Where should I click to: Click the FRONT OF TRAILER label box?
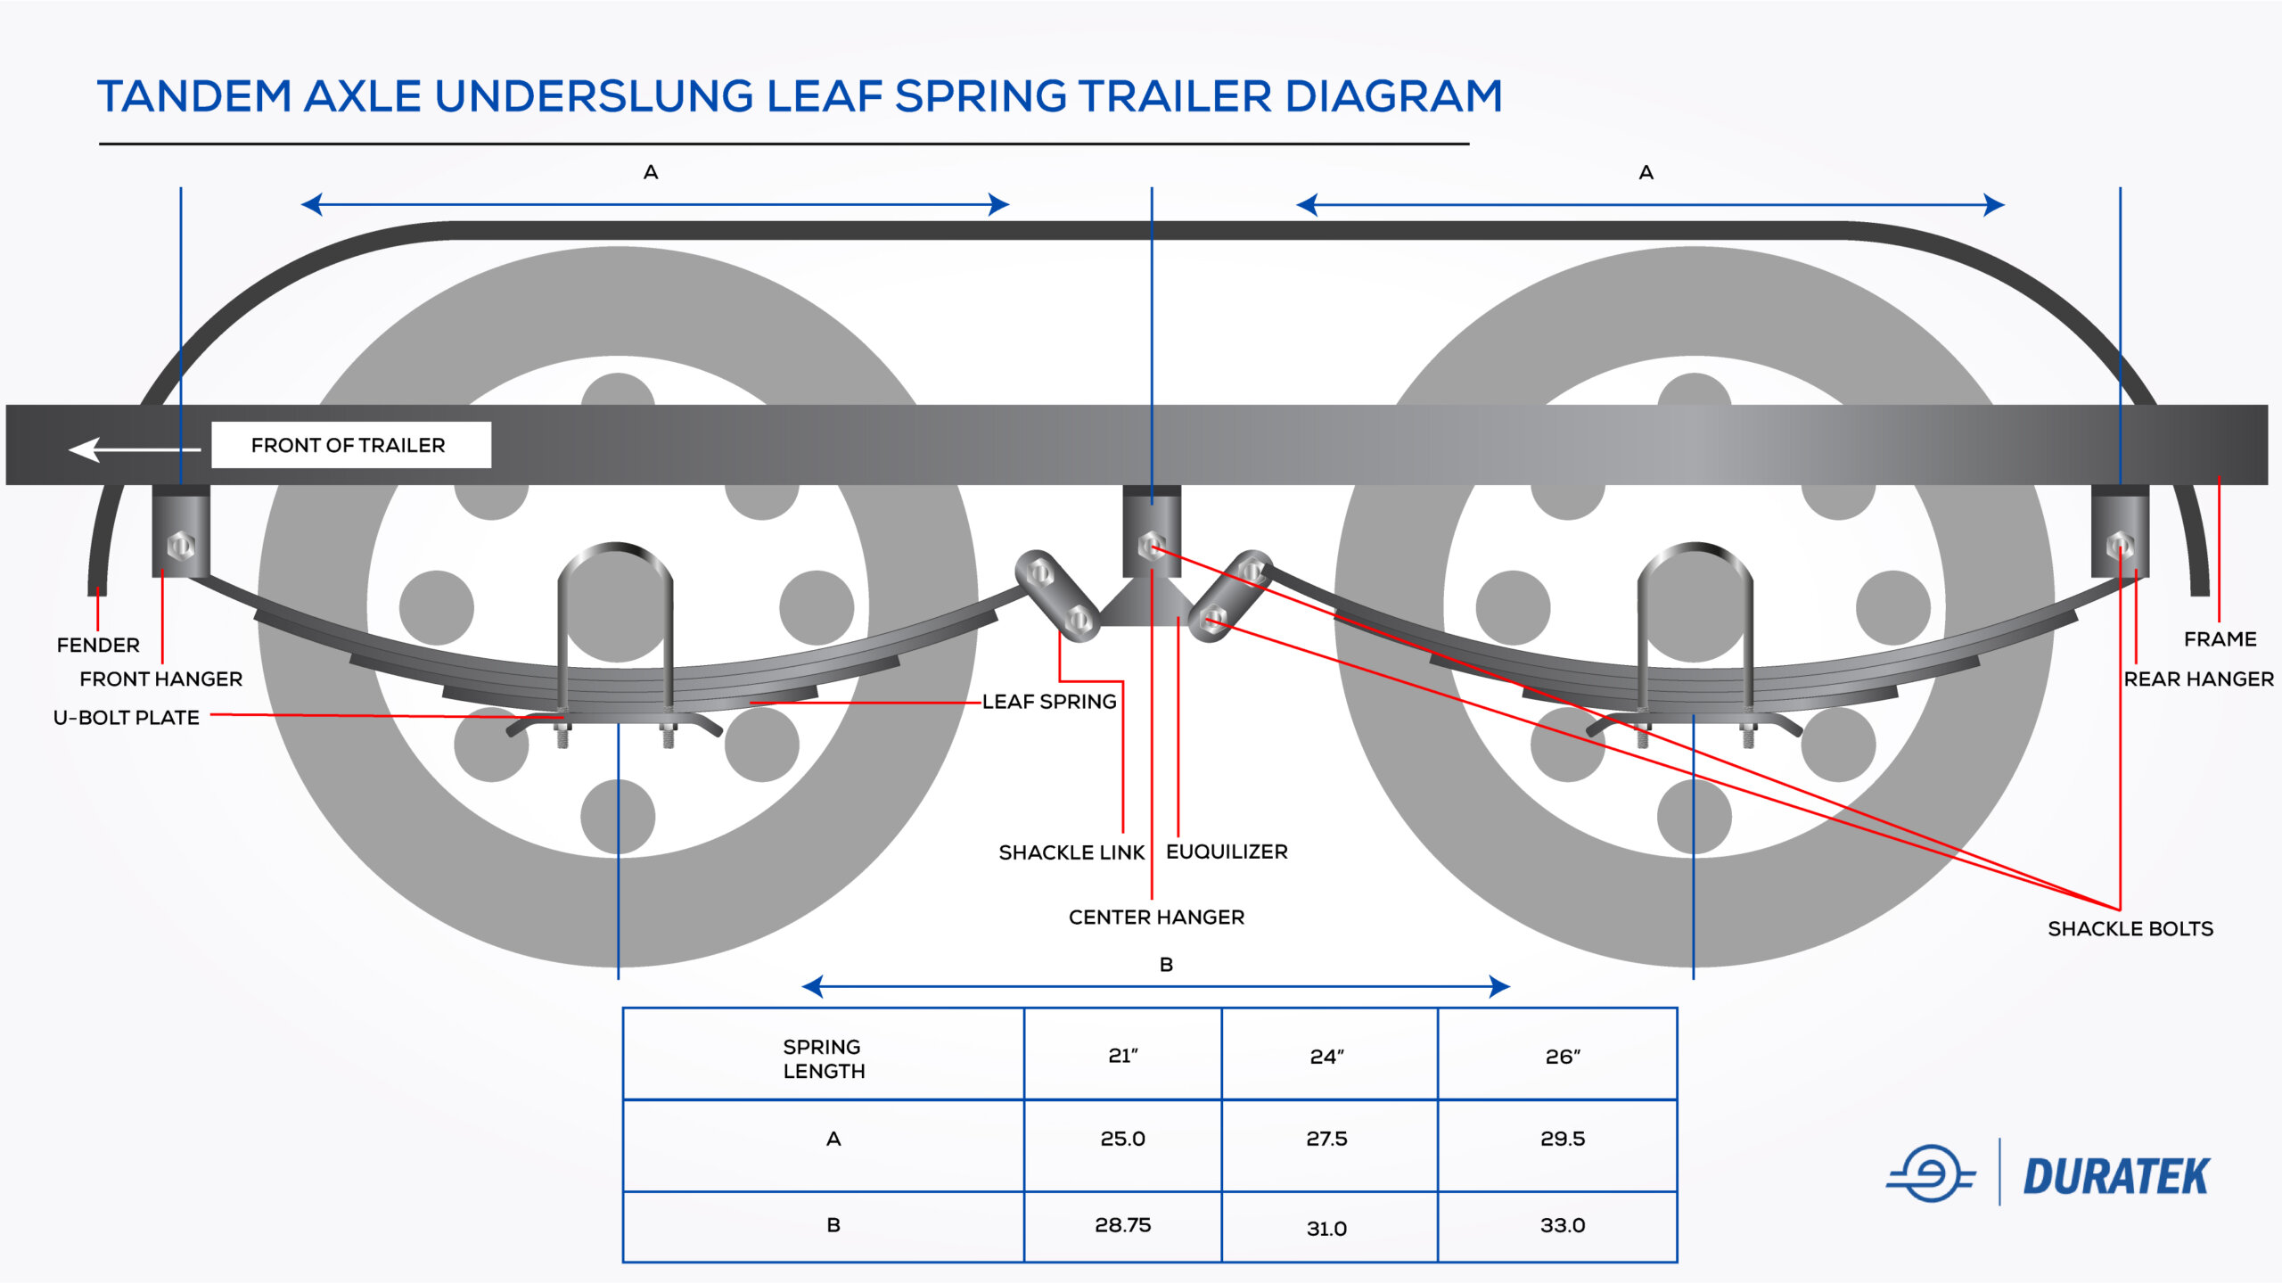tap(351, 445)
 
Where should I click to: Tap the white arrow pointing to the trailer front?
tap(135, 449)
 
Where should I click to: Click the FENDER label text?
tap(98, 645)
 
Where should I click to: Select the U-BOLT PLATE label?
tap(127, 718)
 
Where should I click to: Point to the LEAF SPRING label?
tap(1049, 702)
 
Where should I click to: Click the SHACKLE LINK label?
tap(1071, 852)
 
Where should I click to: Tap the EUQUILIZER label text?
tap(1227, 852)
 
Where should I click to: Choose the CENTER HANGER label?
tap(1156, 917)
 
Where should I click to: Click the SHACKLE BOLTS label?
tap(2130, 928)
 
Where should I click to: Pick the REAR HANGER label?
tap(2199, 679)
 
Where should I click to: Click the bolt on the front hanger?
tap(181, 545)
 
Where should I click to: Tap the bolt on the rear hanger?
tap(2120, 545)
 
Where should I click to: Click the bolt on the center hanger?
tap(1151, 545)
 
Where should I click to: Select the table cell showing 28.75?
tap(1123, 1225)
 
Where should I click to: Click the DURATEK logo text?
tap(2116, 1176)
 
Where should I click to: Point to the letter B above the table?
tap(1166, 964)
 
